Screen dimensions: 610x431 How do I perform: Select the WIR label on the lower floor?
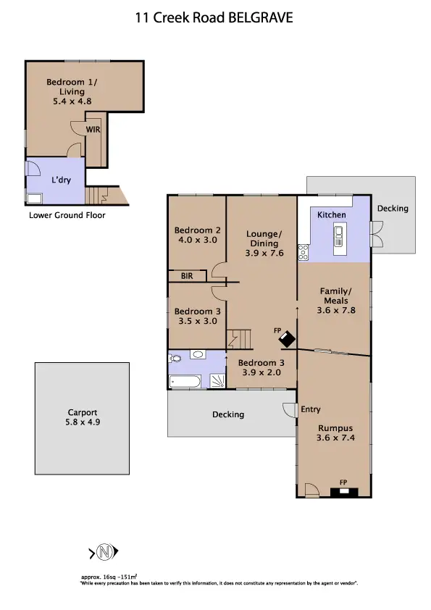(93, 130)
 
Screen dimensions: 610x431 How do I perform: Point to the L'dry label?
(60, 180)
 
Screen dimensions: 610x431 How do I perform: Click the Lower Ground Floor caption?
(67, 215)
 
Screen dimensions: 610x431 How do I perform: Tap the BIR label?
(186, 276)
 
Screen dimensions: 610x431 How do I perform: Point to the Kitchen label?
(332, 215)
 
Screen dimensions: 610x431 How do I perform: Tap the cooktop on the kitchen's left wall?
(304, 253)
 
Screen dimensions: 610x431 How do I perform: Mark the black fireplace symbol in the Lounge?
(288, 339)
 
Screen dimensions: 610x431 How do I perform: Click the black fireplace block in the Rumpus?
(344, 491)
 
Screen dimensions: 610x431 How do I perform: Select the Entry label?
(310, 409)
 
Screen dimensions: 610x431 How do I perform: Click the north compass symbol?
(105, 553)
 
